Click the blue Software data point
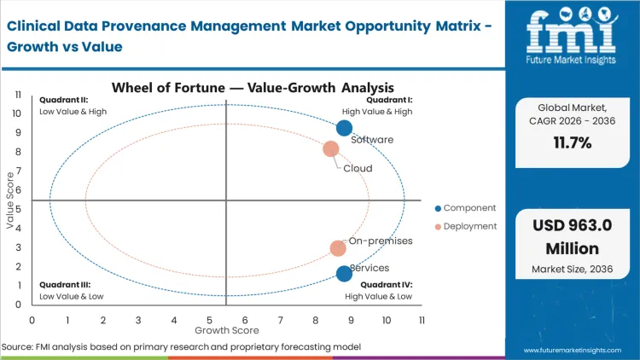point(344,128)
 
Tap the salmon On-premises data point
point(338,248)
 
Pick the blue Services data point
point(344,273)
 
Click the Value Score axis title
point(11,201)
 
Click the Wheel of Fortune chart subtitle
point(253,86)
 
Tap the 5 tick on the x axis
point(209,319)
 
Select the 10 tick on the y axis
point(16,113)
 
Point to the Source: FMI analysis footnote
point(181,346)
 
